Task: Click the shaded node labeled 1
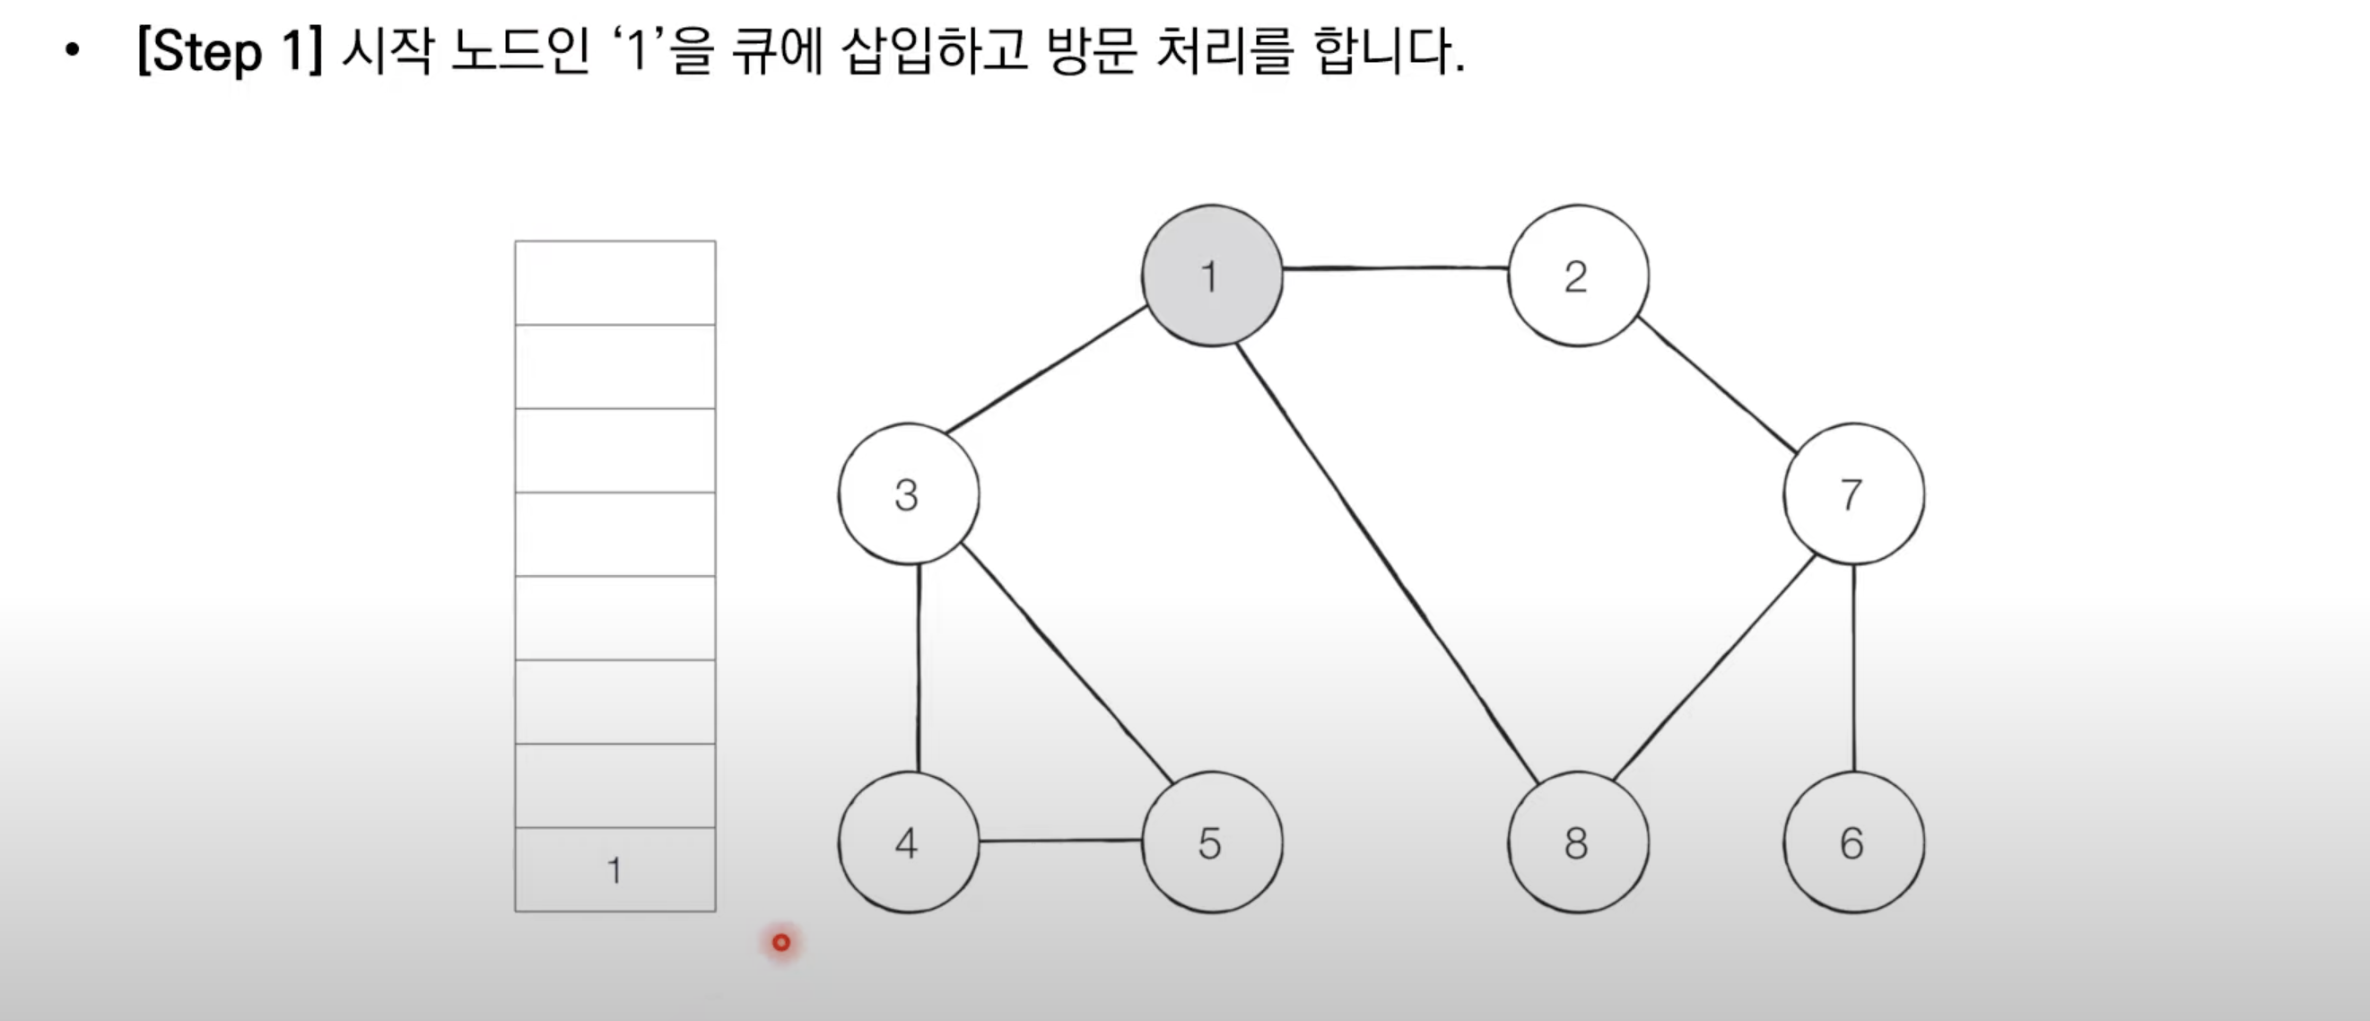click(1212, 276)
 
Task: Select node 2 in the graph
click(1577, 276)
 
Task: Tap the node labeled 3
click(908, 494)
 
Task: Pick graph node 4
click(908, 842)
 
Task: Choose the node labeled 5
click(1212, 842)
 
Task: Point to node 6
click(1853, 842)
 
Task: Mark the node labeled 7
click(1853, 494)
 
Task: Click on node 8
click(1577, 842)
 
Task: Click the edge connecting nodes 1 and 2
click(1395, 268)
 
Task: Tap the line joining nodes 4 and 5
click(1060, 841)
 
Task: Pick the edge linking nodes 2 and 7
click(1717, 385)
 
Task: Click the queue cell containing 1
click(614, 869)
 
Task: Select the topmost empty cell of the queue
click(614, 284)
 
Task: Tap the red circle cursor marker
click(781, 942)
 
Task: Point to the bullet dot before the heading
click(72, 51)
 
